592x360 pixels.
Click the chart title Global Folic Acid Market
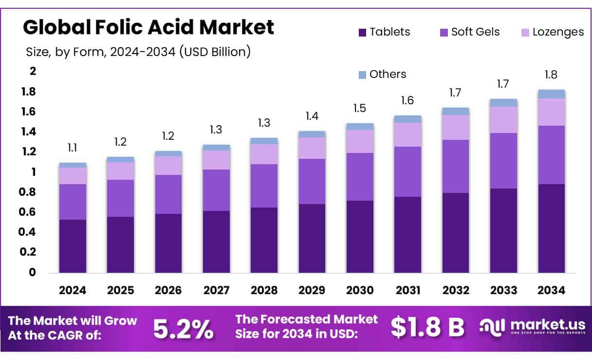click(148, 27)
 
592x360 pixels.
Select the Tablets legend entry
click(384, 32)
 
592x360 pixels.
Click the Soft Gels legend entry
click(469, 32)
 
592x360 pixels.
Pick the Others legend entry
click(382, 74)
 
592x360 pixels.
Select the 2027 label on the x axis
click(216, 290)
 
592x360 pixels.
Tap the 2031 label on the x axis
click(408, 290)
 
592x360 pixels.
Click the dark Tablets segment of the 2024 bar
click(73, 246)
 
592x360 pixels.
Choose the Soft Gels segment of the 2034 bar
click(552, 155)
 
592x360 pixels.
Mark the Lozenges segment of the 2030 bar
click(360, 141)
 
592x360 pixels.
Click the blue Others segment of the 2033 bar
click(503, 102)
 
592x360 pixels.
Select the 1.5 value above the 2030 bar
click(360, 108)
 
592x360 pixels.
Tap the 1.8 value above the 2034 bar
click(551, 75)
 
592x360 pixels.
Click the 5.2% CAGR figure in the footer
click(183, 329)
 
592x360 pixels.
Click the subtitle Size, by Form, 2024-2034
click(137, 52)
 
